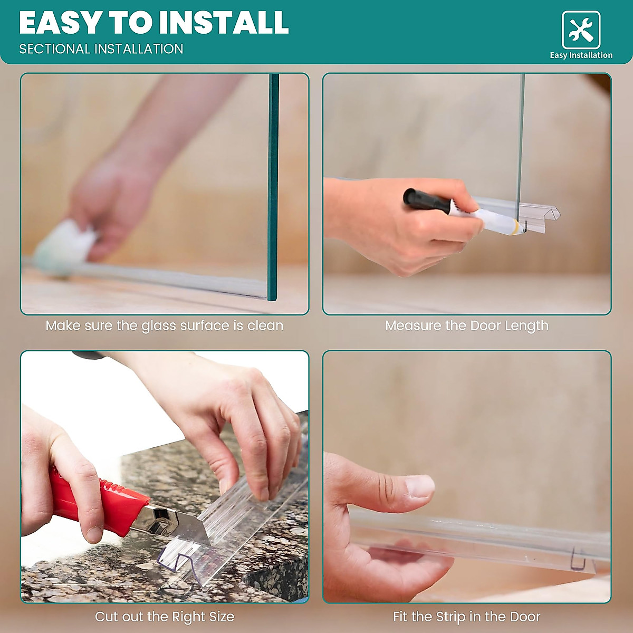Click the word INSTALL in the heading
pyautogui.click(x=224, y=23)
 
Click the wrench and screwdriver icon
pyautogui.click(x=581, y=30)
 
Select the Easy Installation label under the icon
pyautogui.click(x=581, y=55)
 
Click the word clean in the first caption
pyautogui.click(x=265, y=325)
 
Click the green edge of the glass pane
pyautogui.click(x=273, y=185)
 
